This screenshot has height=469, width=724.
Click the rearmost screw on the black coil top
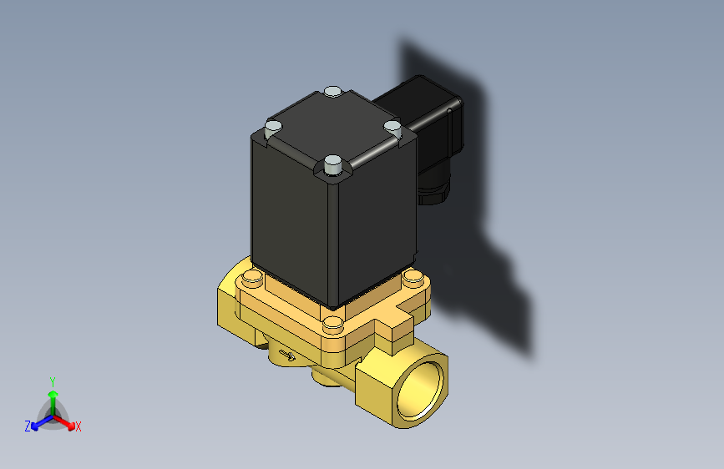(x=332, y=91)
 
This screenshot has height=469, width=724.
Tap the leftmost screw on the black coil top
(x=272, y=128)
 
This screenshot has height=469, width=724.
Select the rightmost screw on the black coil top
(x=392, y=126)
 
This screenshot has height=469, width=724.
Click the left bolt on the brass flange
(x=251, y=278)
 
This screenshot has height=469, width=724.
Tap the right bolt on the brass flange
(x=411, y=278)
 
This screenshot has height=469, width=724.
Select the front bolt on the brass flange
(x=332, y=323)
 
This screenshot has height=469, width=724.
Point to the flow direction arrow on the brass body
(x=286, y=356)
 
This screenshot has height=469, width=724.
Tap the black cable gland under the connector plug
(x=433, y=192)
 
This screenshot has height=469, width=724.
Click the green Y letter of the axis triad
(x=52, y=380)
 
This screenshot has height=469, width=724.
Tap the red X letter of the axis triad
(x=78, y=426)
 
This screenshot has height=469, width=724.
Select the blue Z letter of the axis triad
(x=28, y=426)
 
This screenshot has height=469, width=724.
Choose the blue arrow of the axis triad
(x=38, y=422)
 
